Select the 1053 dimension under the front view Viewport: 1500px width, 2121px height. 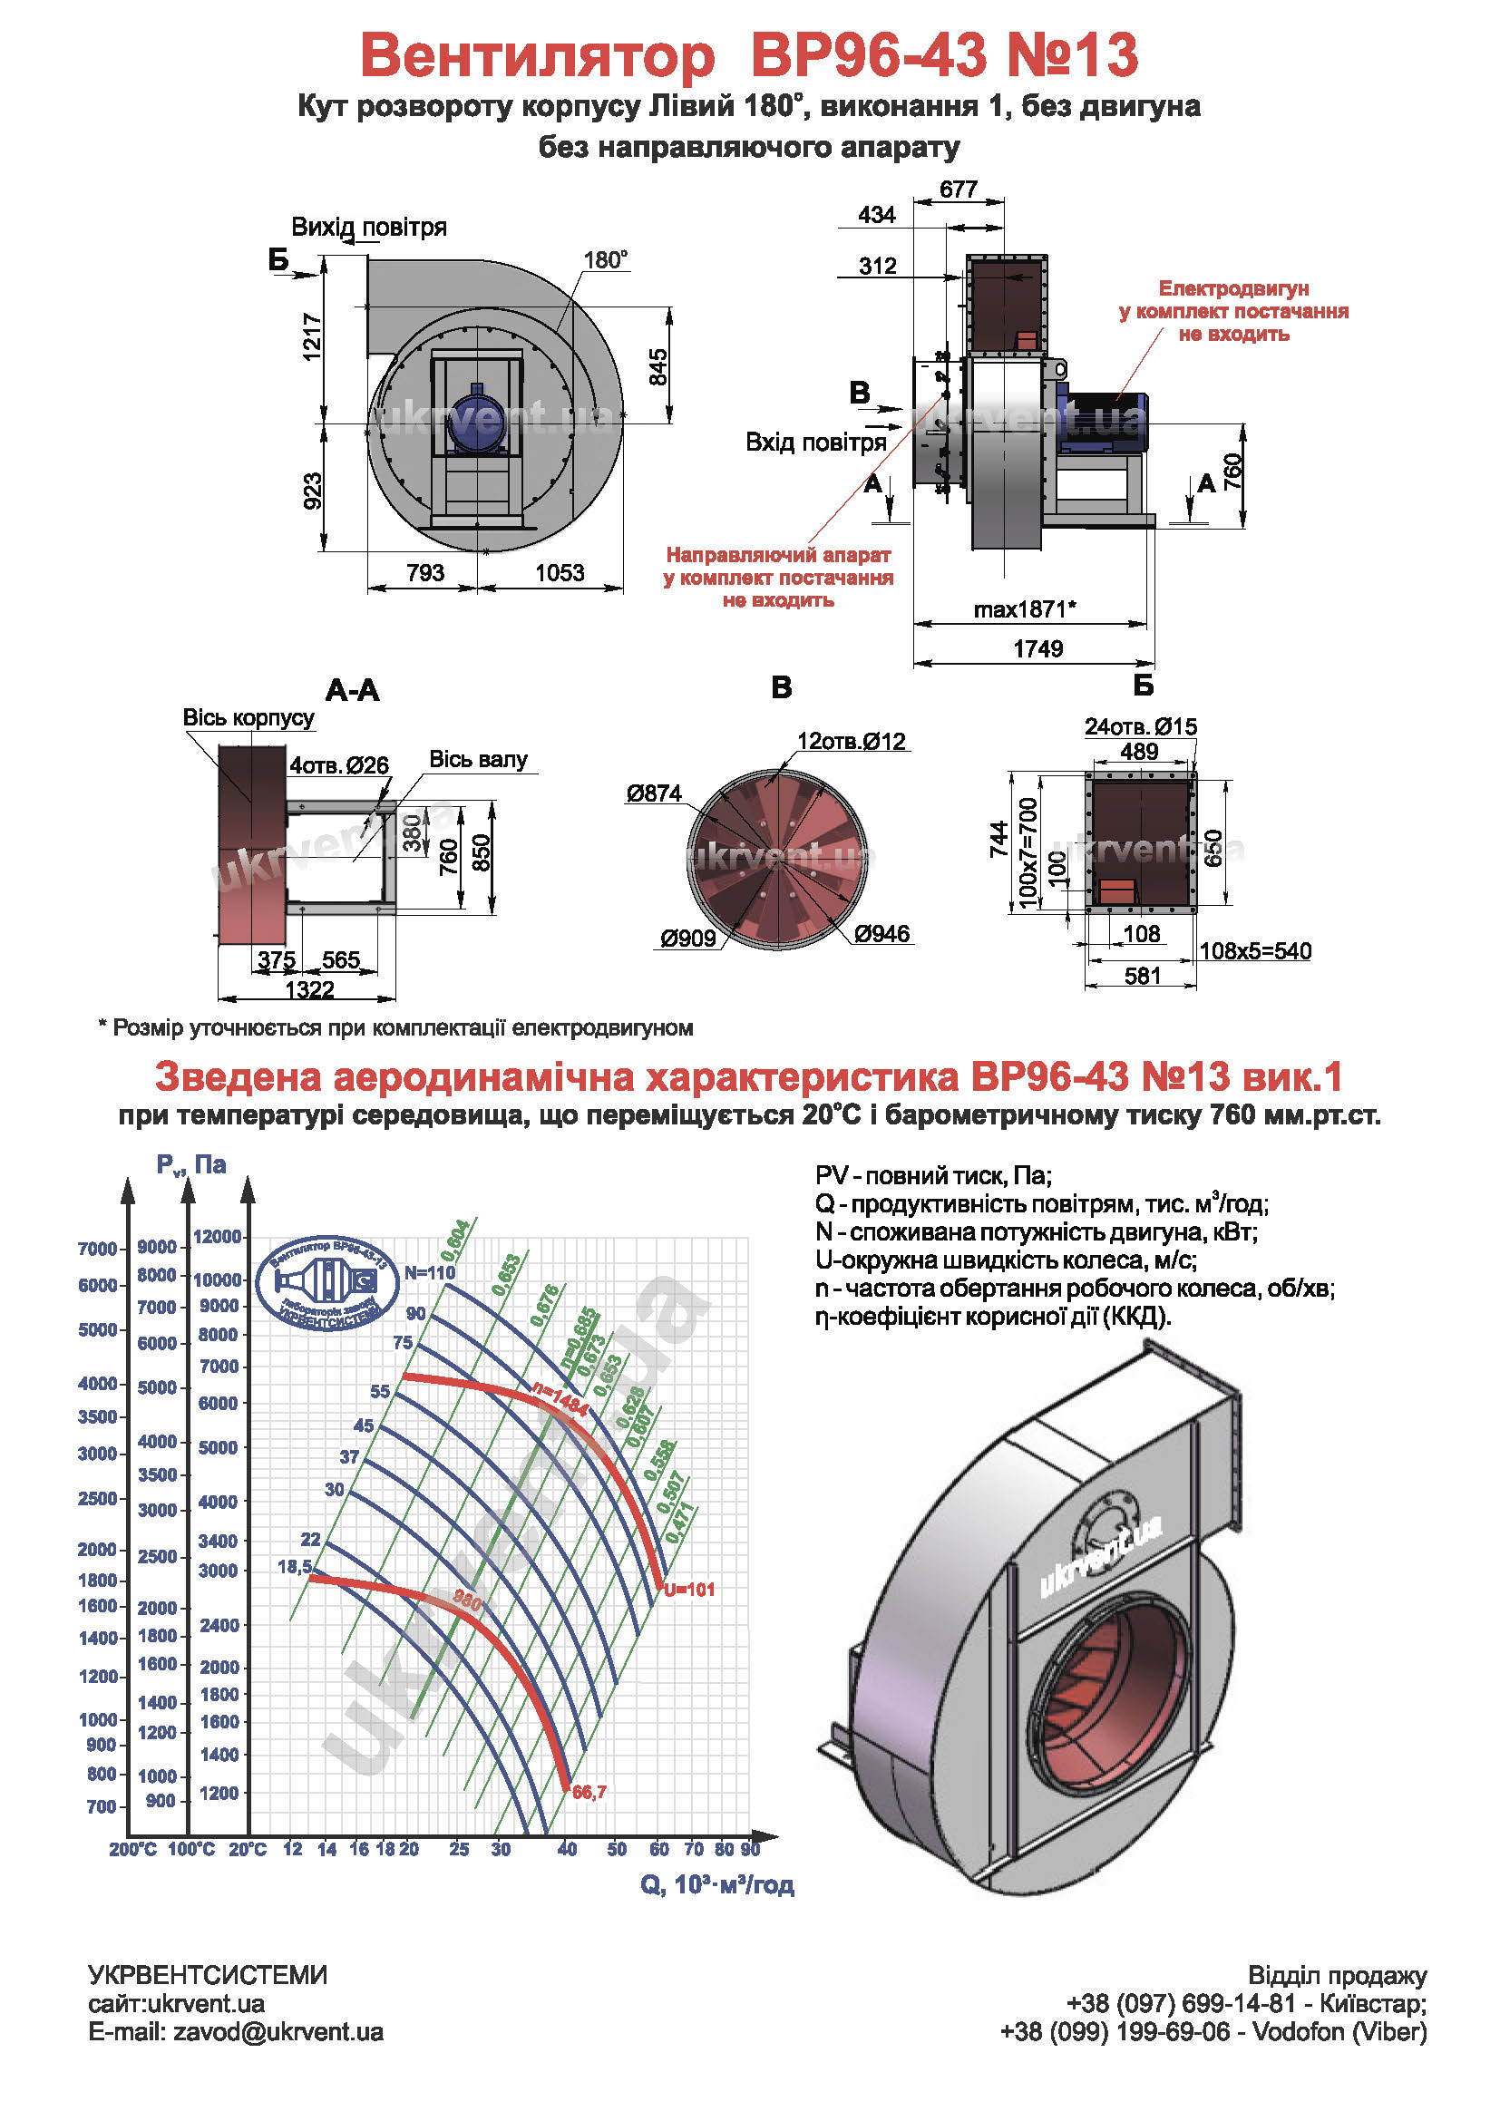[560, 573]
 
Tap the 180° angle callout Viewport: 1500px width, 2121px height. [605, 259]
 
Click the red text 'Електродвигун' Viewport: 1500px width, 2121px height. [1233, 288]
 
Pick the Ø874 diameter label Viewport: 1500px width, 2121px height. [653, 793]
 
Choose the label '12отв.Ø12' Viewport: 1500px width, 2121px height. [851, 741]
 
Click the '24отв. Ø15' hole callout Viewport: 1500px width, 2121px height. [1140, 727]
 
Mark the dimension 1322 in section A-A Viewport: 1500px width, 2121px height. [308, 990]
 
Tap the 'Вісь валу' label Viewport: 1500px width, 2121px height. [478, 759]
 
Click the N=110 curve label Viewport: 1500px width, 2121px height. [430, 1272]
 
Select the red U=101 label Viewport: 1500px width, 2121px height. [689, 1590]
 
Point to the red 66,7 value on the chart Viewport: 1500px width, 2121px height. [589, 1792]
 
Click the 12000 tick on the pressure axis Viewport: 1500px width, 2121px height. [217, 1236]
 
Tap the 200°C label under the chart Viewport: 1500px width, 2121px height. [133, 1849]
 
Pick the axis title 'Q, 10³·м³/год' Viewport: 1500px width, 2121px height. [716, 1884]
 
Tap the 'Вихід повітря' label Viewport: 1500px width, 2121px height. [368, 228]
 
